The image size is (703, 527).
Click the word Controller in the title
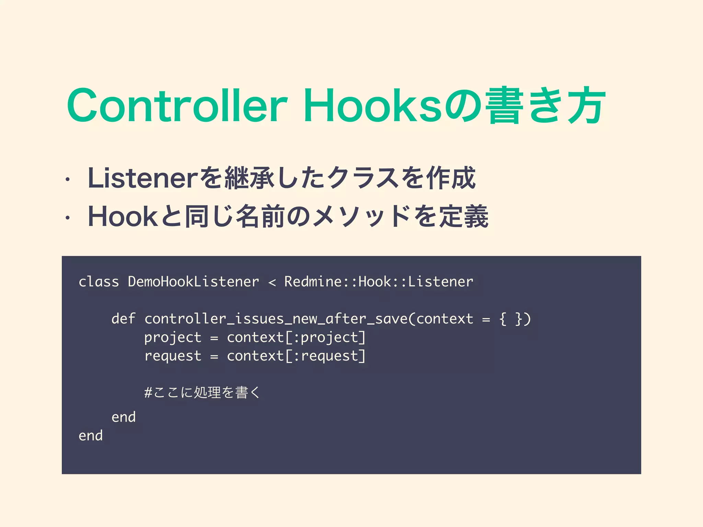tap(177, 105)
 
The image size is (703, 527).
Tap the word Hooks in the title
tap(372, 105)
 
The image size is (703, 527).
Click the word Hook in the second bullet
tap(122, 217)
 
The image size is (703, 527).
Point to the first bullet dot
tap(68, 179)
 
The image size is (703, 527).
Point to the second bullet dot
tap(68, 218)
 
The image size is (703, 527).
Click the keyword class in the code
tap(99, 282)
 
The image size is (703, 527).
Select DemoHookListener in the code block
tap(193, 282)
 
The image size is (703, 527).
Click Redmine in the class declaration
tap(313, 282)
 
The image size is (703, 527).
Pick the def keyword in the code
tap(123, 319)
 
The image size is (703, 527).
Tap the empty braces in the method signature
tap(511, 319)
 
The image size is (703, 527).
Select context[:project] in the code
tap(296, 338)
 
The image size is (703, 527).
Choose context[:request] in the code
tap(296, 356)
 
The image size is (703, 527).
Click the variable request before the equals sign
tap(172, 356)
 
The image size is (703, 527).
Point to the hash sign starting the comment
tap(148, 392)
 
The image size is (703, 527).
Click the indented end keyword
tap(124, 417)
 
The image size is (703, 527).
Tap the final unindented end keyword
tap(91, 436)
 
